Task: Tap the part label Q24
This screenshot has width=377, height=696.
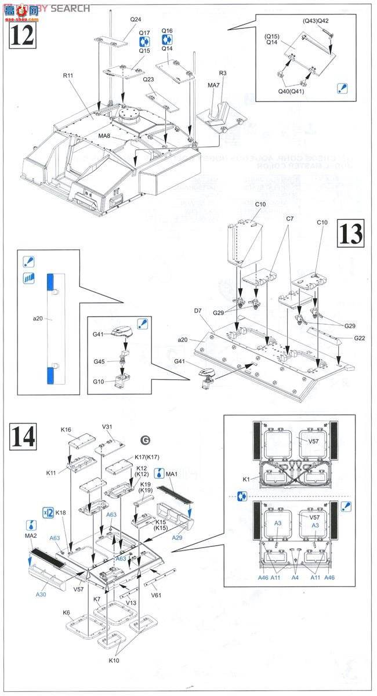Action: (135, 19)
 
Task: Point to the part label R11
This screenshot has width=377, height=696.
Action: (68, 75)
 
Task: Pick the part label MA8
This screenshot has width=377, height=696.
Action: (105, 136)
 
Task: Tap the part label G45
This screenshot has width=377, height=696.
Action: (99, 362)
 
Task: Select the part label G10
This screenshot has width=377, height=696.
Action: (99, 381)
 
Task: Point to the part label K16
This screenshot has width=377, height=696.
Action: (66, 430)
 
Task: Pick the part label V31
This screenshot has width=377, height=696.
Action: (107, 427)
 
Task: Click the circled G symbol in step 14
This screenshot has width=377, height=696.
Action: (144, 438)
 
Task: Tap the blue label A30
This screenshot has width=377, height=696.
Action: (41, 594)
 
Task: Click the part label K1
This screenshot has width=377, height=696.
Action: (246, 479)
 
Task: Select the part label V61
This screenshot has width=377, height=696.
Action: (156, 595)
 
